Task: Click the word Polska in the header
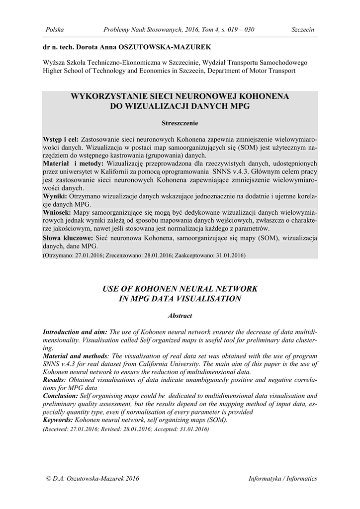tap(55, 30)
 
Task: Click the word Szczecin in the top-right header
tap(303, 30)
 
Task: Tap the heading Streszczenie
tap(180, 122)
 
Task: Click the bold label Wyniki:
tap(55, 197)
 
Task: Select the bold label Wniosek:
tap(58, 212)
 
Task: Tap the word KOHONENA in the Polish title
tap(255, 95)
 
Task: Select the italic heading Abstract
tap(180, 316)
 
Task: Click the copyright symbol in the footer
tap(48, 478)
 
